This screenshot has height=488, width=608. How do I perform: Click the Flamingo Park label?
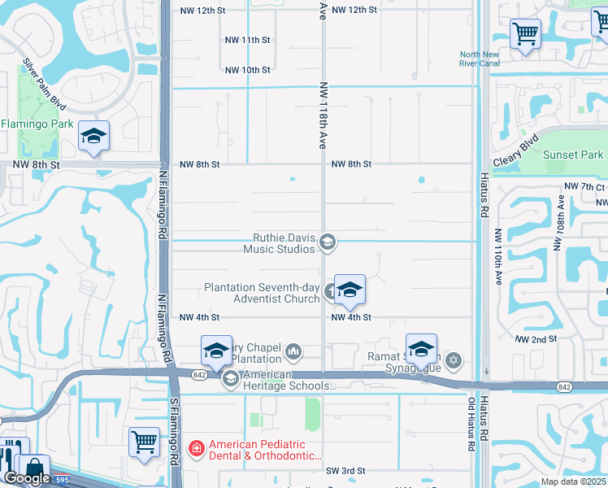(37, 124)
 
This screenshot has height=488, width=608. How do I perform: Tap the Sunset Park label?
(573, 155)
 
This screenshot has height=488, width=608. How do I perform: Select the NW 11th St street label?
(247, 40)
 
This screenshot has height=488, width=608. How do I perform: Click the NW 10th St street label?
(247, 70)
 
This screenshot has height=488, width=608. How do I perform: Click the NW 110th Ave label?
(498, 256)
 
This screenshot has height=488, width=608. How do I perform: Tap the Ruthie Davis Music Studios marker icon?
(328, 241)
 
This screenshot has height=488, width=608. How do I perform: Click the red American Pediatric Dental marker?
(196, 448)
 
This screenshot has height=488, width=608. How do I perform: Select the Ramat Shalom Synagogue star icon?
(454, 359)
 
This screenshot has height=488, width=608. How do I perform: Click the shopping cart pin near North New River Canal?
(525, 34)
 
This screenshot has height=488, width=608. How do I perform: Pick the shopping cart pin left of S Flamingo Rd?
(144, 442)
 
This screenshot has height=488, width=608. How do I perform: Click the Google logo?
(26, 478)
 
